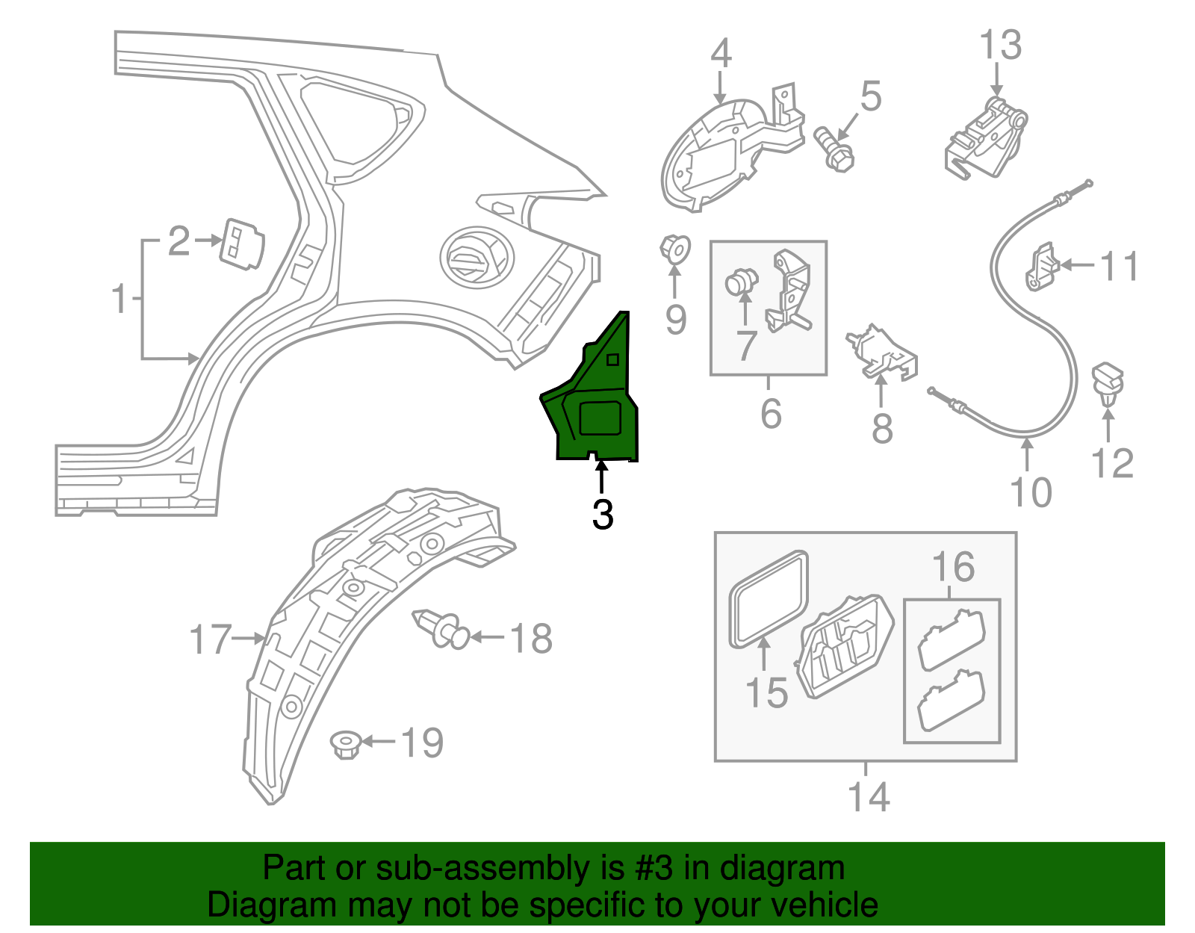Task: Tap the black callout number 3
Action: point(602,515)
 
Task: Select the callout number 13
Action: point(1000,46)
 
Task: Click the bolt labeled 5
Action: point(834,149)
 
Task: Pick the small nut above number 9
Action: point(674,247)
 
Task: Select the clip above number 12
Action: point(1108,381)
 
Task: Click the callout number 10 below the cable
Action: point(1030,492)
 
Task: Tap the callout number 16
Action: point(953,567)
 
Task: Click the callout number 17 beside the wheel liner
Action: point(210,639)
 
